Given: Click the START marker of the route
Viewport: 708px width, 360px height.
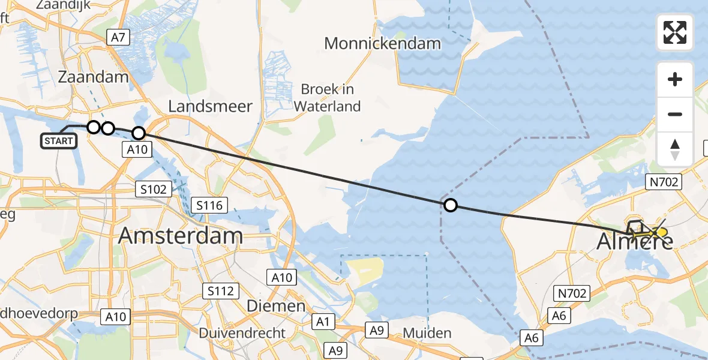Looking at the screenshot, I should coord(59,141).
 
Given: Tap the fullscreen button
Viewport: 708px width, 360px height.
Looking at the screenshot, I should coord(675,32).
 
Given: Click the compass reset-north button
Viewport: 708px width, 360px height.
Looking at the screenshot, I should coord(675,149).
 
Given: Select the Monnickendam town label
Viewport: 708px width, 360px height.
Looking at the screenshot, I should coord(382,43).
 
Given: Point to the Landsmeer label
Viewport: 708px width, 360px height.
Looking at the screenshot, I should coord(210,106).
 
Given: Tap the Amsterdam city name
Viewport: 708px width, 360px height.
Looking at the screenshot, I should coord(180,236).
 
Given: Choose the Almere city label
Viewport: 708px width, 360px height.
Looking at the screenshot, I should coord(635,241).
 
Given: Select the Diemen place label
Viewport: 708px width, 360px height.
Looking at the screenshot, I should coord(276,305).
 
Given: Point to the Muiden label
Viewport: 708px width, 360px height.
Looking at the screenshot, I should coord(427,332).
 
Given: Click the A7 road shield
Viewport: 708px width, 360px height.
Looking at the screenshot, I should coord(118,38).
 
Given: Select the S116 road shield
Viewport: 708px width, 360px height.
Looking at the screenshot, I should coord(209,206).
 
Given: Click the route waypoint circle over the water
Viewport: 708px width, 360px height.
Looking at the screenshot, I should coord(450,206).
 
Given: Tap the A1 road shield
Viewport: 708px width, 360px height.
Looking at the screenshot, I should coord(323,322).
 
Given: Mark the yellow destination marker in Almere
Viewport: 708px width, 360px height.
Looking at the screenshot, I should coord(661,232).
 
